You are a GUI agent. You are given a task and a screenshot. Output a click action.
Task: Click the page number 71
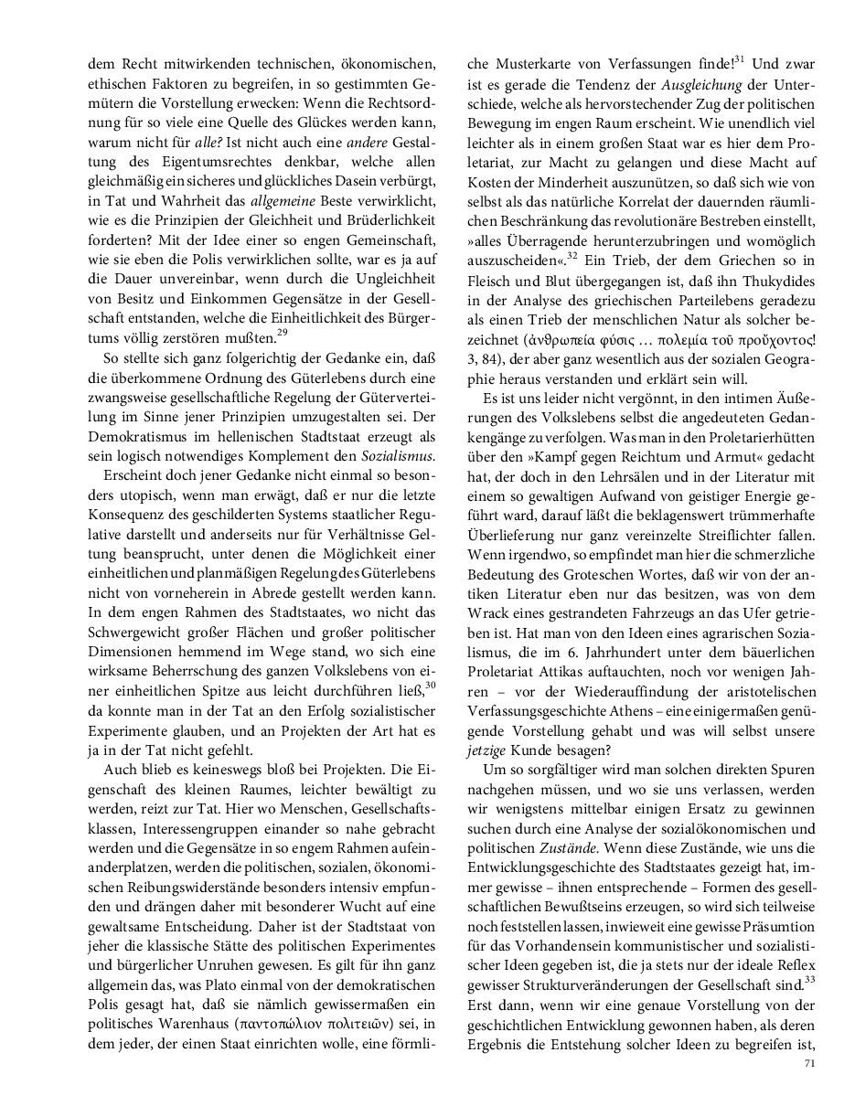click(x=809, y=1063)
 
